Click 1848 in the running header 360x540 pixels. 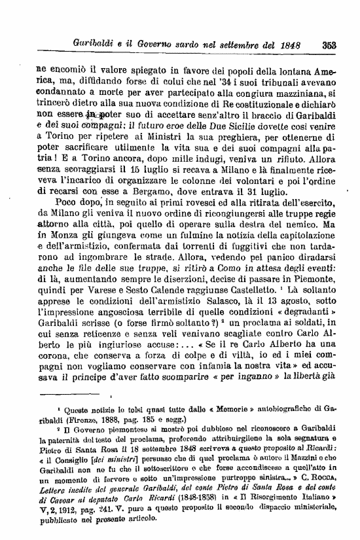[287, 46]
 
